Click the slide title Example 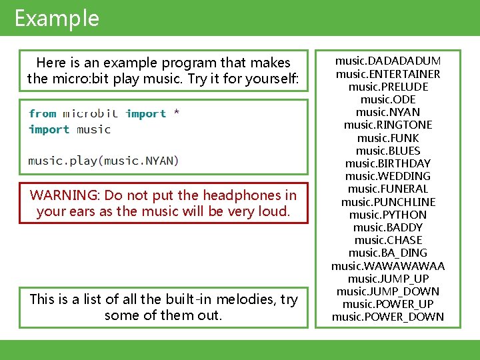click(x=57, y=18)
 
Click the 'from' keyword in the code click(x=43, y=114)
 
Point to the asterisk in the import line click(x=176, y=114)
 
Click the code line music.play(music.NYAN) click(x=103, y=161)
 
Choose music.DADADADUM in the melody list click(x=387, y=61)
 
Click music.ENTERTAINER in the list click(x=387, y=74)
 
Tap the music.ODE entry click(x=387, y=99)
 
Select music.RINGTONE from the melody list click(x=387, y=125)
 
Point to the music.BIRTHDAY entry click(x=387, y=163)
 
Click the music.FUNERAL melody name click(x=387, y=189)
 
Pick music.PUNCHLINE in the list click(x=387, y=201)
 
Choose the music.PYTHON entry click(x=387, y=215)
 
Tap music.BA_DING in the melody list click(x=387, y=253)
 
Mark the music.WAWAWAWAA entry click(x=387, y=266)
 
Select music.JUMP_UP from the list click(x=387, y=279)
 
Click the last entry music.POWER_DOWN click(x=387, y=317)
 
